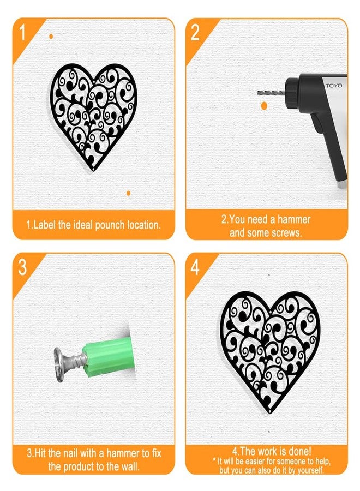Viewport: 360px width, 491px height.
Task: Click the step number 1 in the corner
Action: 22,33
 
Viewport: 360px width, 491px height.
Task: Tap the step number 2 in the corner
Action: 195,33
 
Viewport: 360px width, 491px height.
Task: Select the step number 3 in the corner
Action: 22,268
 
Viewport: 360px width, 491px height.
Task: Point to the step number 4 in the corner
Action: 195,268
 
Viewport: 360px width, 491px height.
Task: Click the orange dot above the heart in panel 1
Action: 51,37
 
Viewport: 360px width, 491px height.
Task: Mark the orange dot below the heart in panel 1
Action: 128,193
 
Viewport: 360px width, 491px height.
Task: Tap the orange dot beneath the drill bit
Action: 264,106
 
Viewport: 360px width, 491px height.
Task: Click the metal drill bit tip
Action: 257,92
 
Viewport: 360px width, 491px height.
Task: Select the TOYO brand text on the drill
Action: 334,86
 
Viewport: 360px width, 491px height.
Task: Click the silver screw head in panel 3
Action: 59,364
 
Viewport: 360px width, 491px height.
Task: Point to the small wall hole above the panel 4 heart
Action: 269,275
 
